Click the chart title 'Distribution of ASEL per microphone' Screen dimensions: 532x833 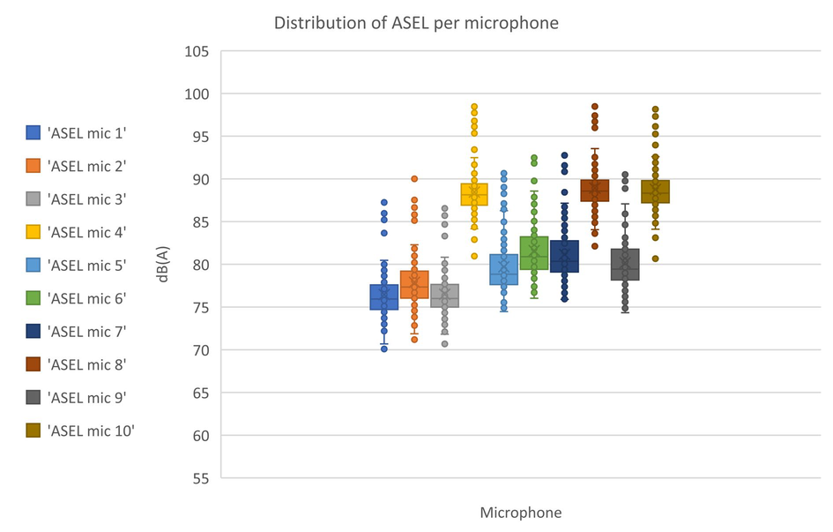pos(416,23)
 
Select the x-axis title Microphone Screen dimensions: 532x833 pos(520,512)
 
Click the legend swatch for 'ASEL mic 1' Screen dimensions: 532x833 pos(33,132)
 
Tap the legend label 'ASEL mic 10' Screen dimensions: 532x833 pos(92,431)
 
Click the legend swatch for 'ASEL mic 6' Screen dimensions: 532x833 pos(33,298)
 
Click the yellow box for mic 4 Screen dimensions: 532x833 pos(474,194)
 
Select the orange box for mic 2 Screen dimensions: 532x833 pos(414,284)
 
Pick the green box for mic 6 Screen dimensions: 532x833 pos(534,253)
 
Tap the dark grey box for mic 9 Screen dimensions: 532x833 pos(625,264)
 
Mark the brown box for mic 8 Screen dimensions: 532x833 pos(595,191)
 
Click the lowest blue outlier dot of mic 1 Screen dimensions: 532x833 pos(384,348)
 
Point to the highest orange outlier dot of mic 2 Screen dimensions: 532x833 pos(414,179)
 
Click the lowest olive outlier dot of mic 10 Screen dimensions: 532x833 pos(655,259)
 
